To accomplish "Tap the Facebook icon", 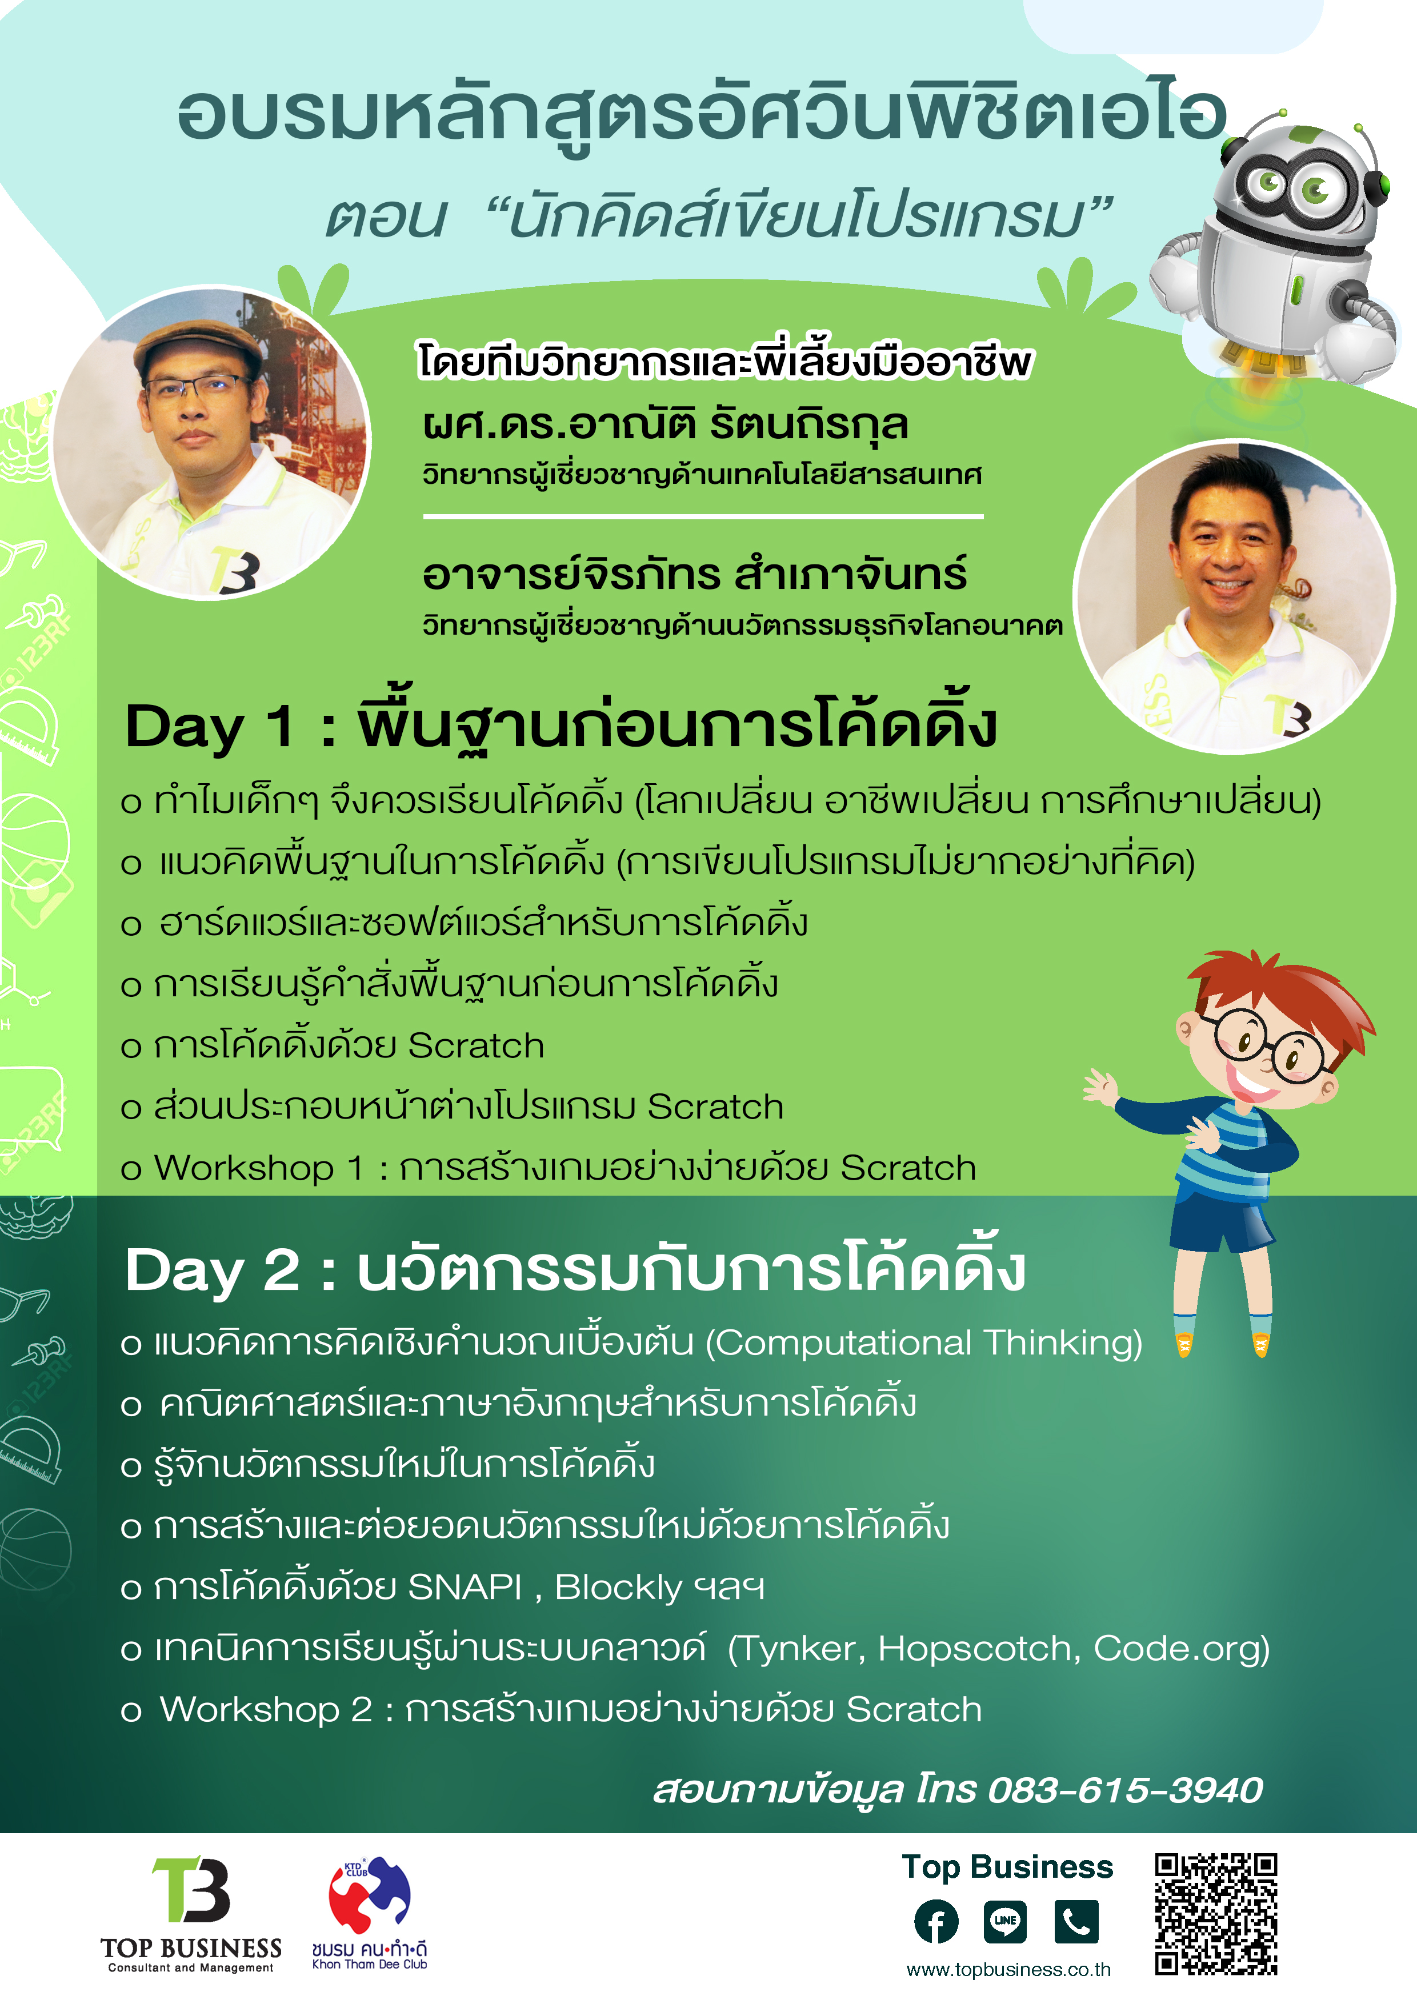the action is [936, 1922].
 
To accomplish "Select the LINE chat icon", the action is [1005, 1922].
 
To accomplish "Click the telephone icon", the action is [1076, 1922].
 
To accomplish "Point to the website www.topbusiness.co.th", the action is [1008, 1970].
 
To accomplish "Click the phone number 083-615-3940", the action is [1126, 1790].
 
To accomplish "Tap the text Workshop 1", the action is [258, 1168].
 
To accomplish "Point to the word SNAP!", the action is [465, 1588].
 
